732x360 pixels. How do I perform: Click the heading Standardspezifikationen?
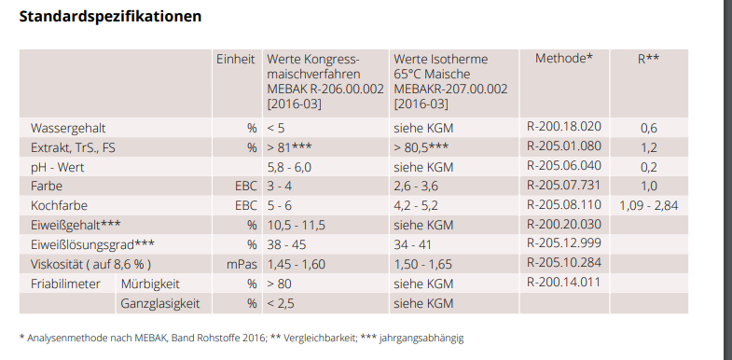coord(110,17)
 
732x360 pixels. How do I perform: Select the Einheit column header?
coord(236,60)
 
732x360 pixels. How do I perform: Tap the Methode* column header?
coord(564,59)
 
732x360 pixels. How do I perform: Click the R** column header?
coord(648,59)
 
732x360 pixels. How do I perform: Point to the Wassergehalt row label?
coord(68,129)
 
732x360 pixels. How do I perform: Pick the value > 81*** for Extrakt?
coord(289,147)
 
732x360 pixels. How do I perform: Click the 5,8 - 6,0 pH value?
coord(289,167)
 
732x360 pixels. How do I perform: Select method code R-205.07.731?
coord(564,186)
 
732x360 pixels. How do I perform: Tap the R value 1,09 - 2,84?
coord(648,205)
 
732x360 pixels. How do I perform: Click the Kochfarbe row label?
coord(60,206)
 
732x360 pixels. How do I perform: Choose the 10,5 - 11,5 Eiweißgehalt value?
coord(296,226)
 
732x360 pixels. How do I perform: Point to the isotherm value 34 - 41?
coord(413,244)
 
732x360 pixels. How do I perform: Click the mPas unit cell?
coord(242,264)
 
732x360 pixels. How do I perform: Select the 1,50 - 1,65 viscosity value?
coord(423,264)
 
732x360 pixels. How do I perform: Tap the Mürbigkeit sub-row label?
coord(150,284)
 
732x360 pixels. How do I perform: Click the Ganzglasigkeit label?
coord(160,303)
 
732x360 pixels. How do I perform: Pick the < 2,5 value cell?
coord(281,303)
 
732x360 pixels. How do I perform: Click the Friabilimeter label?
coord(65,284)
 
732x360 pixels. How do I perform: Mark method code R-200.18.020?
coord(564,127)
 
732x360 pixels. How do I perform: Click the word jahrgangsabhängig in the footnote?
coord(422,338)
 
